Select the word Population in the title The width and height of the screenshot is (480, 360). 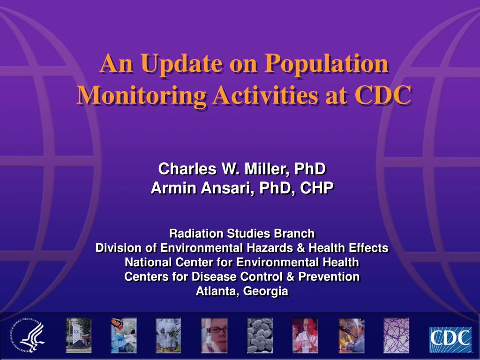point(327,64)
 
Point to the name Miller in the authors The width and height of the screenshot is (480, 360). point(266,169)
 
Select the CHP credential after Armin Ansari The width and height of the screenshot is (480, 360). point(316,187)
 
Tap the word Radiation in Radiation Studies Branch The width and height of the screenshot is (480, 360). point(196,233)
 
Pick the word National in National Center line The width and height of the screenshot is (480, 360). point(149,262)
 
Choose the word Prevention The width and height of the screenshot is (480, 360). point(329,277)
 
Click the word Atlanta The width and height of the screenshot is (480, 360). point(217,291)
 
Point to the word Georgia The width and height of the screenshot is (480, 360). point(265,292)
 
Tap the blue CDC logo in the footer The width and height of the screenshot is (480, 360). point(450,339)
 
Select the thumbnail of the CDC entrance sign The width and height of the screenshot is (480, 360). point(78,336)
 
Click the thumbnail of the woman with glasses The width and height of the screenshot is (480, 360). point(214,336)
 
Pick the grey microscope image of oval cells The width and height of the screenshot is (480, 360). point(260,336)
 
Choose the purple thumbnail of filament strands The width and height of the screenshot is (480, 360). point(396,336)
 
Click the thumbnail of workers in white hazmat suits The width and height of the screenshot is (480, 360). point(168,336)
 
